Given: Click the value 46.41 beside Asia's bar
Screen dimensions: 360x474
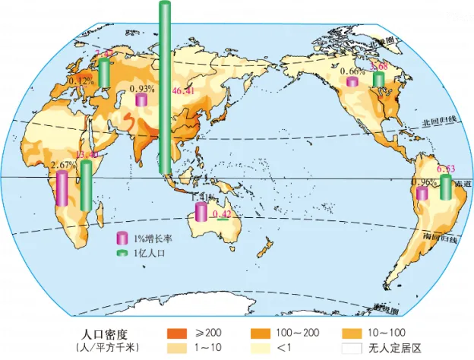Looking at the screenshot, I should (x=183, y=92).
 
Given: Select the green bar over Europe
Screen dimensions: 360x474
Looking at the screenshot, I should (x=105, y=72).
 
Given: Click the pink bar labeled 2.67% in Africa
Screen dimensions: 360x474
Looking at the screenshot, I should (x=61, y=188).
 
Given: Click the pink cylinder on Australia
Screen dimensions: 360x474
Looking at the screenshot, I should (x=201, y=212).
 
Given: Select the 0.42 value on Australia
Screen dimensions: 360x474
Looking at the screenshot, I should (x=222, y=214).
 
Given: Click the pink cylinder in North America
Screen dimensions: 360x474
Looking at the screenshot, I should (x=352, y=82).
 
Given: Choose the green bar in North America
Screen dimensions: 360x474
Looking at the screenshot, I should (x=378, y=80).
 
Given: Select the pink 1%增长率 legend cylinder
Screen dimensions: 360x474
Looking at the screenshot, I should (x=120, y=238).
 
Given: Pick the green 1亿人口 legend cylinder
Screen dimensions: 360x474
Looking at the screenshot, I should (x=120, y=253).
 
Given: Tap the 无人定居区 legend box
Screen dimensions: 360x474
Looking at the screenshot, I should (x=350, y=348).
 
